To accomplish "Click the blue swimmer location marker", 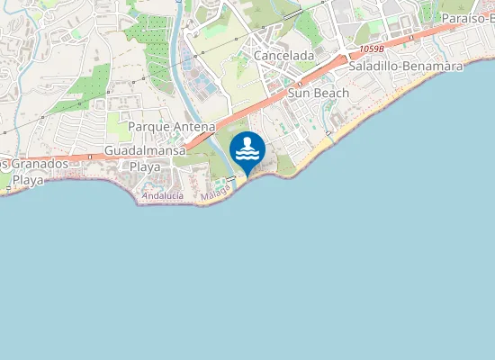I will point(247,150).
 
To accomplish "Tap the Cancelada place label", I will point(284,56).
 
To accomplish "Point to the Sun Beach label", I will point(319,93).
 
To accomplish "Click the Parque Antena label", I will point(171,127).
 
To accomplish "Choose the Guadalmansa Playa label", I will point(145,158).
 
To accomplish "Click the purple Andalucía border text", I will point(162,195).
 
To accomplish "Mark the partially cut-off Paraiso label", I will point(468,18).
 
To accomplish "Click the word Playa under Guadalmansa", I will point(145,167).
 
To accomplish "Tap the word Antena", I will point(194,127).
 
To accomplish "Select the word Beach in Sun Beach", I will point(331,93).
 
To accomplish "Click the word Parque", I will point(148,127).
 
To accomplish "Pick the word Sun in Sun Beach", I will point(299,93).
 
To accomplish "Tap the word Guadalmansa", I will point(145,150).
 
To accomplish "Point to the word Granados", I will point(36,165).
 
